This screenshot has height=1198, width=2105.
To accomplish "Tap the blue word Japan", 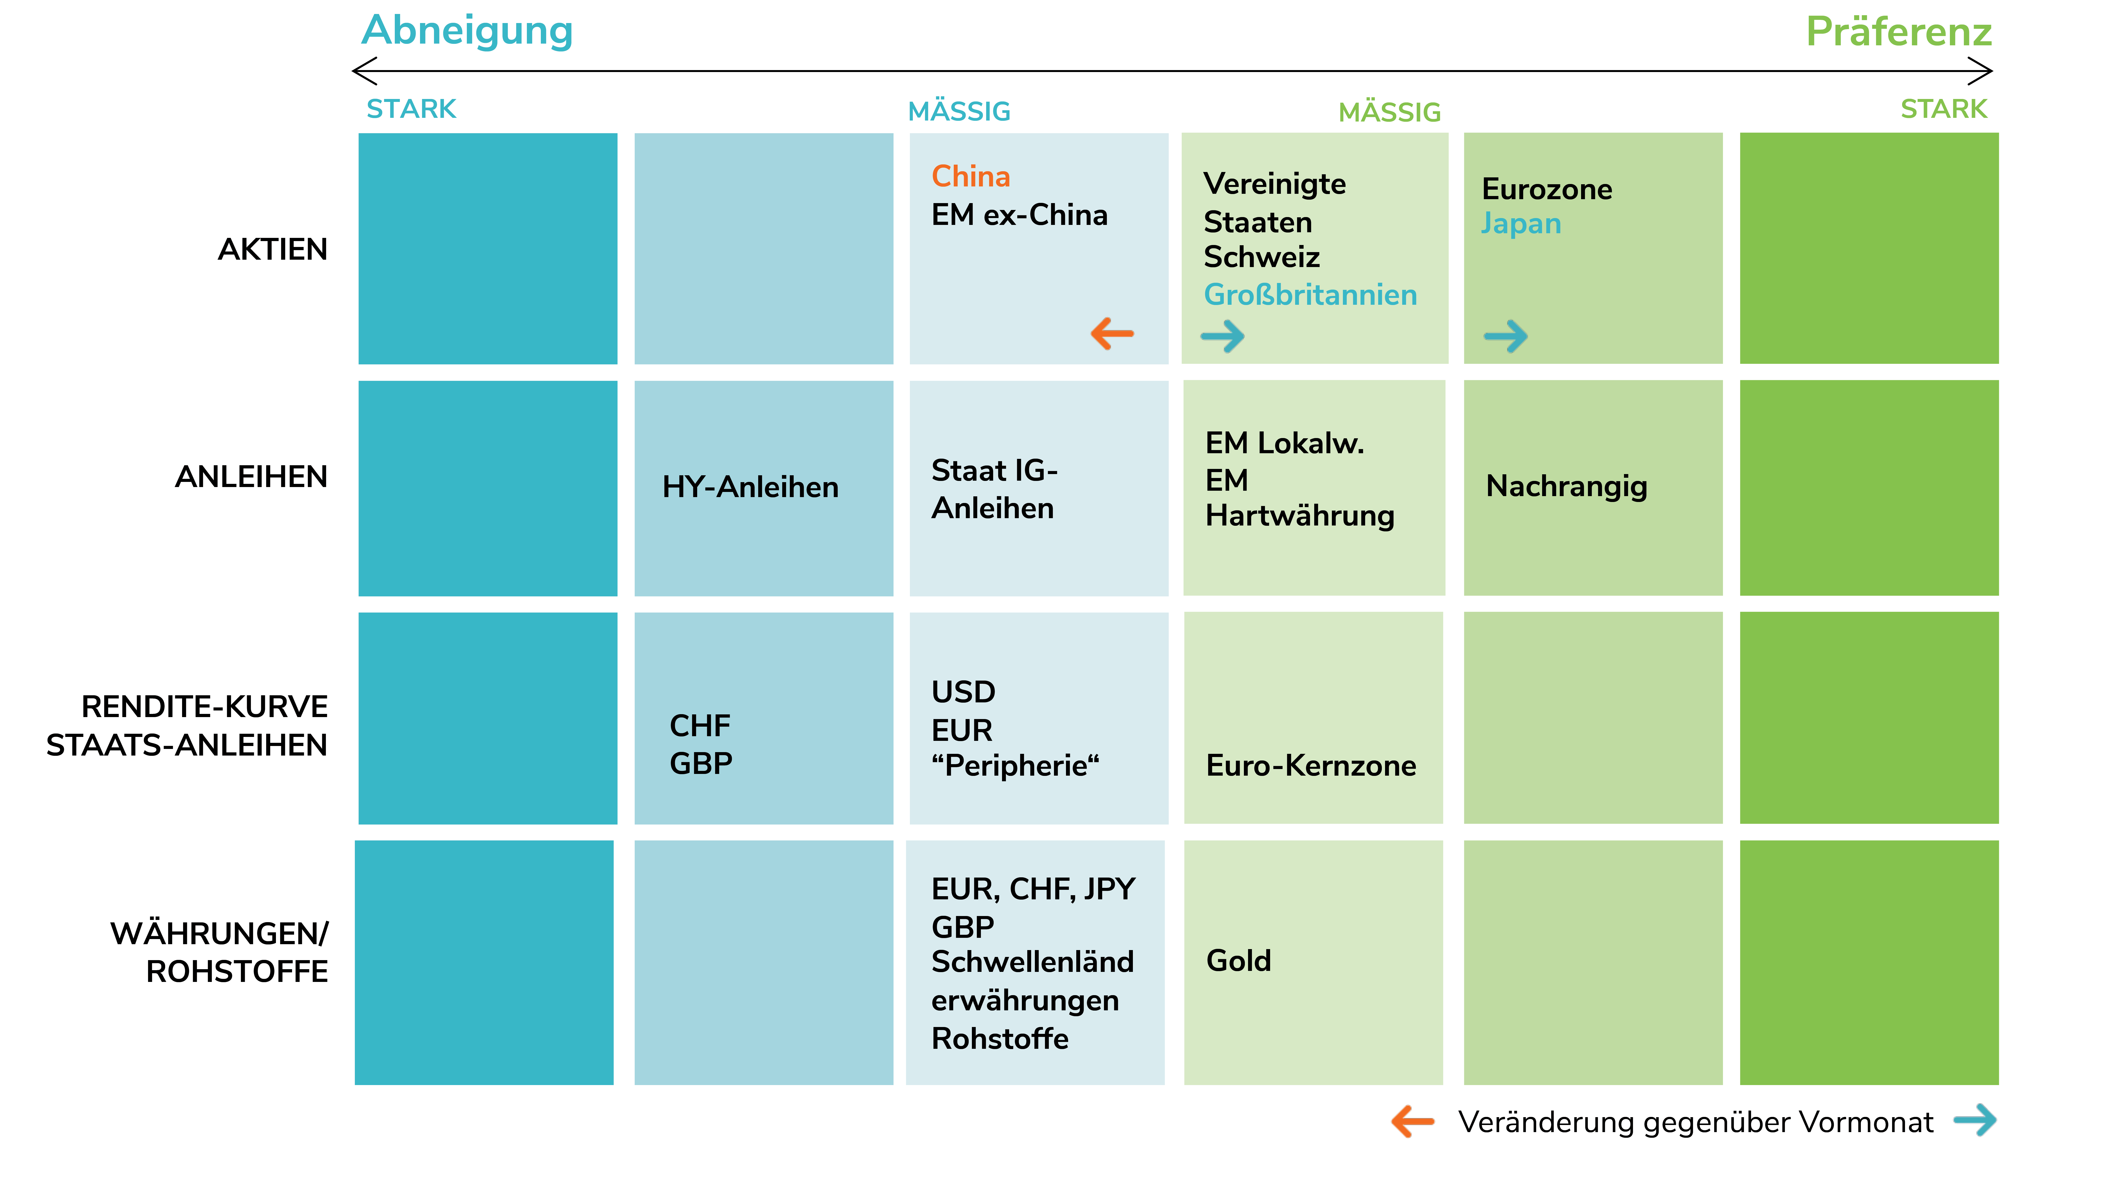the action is coord(1521,224).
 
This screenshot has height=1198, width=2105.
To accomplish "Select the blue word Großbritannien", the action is coord(1310,294).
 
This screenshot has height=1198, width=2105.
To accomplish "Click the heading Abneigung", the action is coord(467,31).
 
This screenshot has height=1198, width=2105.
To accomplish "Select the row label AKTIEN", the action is coord(272,249).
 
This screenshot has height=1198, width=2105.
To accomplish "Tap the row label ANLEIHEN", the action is coord(251,477).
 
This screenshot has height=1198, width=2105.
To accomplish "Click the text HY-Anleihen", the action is coord(751,487).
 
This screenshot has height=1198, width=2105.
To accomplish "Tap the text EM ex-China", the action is coord(1020,215).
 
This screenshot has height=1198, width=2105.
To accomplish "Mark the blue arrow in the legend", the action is coord(1975,1120).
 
